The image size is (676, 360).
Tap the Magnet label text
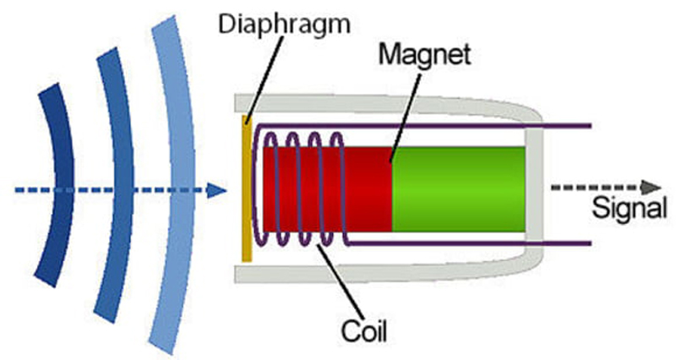[425, 55]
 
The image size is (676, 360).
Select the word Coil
[364, 331]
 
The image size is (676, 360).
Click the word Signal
[630, 209]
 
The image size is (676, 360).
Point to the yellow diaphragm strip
[246, 188]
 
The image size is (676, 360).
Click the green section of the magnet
[459, 189]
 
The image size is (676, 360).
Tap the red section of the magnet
[328, 189]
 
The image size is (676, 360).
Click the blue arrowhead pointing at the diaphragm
[216, 189]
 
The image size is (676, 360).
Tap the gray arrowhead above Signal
[651, 188]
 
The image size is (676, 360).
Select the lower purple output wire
[469, 243]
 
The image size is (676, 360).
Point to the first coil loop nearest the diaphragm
[271, 188]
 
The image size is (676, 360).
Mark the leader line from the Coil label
[341, 282]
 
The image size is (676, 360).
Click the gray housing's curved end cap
[535, 188]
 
